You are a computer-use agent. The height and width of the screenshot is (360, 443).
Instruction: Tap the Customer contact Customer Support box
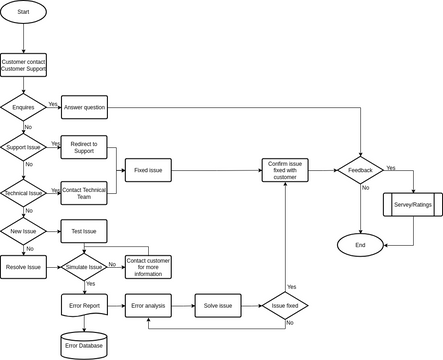tap(23, 65)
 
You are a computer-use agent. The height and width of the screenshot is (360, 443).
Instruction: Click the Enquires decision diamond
tap(23, 106)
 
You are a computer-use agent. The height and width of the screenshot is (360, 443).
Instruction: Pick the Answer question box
tap(84, 106)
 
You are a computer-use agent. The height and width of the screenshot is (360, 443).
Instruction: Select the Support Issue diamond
tap(23, 147)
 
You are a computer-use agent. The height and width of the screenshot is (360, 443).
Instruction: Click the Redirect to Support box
tap(84, 147)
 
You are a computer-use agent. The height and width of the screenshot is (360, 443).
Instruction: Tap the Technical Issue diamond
tap(23, 191)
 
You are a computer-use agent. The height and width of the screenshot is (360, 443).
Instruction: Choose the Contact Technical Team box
tap(84, 191)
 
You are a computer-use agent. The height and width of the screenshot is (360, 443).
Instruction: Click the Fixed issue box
tap(148, 171)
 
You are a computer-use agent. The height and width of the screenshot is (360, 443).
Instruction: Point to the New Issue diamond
tap(23, 232)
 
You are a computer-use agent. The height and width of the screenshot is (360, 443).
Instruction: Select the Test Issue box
tap(84, 232)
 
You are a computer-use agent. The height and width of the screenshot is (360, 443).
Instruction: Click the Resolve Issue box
tap(23, 267)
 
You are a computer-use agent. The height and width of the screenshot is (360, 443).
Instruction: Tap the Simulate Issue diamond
tap(84, 267)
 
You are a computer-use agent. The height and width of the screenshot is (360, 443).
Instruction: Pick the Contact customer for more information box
tap(148, 267)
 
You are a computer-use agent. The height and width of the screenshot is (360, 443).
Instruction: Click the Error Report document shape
tap(84, 306)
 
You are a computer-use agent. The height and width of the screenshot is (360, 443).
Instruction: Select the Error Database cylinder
tap(84, 345)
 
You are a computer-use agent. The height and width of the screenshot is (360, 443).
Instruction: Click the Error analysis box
tap(148, 305)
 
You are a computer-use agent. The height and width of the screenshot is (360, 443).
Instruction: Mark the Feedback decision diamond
tap(360, 171)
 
